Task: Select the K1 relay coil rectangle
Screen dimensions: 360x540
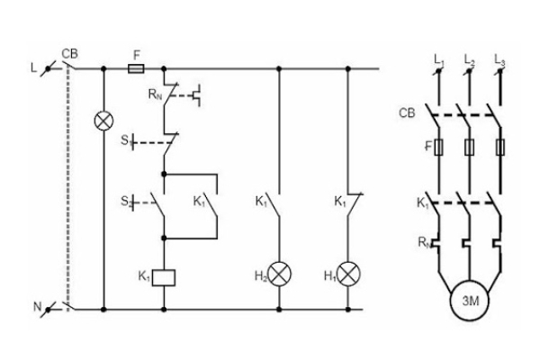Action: point(164,276)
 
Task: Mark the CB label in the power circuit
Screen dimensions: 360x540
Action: point(406,113)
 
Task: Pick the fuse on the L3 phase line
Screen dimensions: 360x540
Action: point(499,146)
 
